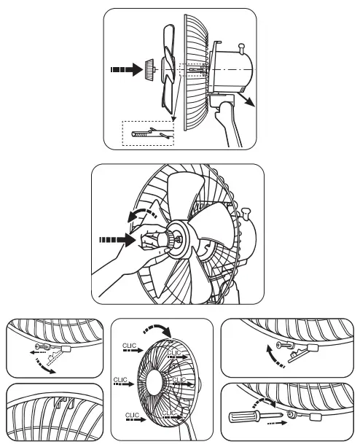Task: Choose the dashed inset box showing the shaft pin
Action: click(146, 132)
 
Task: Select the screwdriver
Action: click(243, 417)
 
